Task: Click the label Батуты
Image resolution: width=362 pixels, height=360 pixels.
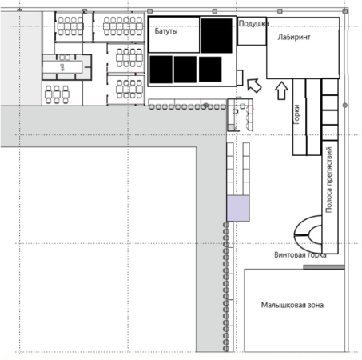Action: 166,31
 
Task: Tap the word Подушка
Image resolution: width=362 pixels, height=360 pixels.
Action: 253,24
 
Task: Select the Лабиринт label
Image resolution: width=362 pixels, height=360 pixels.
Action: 294,37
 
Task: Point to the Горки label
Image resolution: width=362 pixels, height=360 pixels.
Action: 296,114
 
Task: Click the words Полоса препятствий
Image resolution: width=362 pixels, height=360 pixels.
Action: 329,179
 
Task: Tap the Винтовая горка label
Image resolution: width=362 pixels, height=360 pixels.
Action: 300,255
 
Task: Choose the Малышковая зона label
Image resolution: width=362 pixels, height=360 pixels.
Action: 292,305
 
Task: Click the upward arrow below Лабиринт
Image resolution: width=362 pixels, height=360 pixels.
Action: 281,91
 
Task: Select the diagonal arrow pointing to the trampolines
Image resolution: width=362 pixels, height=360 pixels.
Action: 254,86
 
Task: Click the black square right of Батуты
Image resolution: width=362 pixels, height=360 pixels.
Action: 217,35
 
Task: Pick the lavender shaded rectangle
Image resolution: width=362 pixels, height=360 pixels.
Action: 238,208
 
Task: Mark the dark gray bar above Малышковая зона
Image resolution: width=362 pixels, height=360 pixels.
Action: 324,267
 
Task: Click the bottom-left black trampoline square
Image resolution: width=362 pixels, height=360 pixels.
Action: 161,70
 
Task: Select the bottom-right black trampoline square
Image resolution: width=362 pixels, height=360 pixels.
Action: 210,69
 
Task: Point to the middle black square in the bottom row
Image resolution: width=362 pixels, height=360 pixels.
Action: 185,70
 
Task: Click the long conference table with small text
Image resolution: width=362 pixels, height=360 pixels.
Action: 63,67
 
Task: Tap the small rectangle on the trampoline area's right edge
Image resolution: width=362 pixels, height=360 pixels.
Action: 240,78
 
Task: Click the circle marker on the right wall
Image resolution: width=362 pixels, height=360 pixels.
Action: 345,106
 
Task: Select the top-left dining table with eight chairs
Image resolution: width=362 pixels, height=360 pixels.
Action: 70,26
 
